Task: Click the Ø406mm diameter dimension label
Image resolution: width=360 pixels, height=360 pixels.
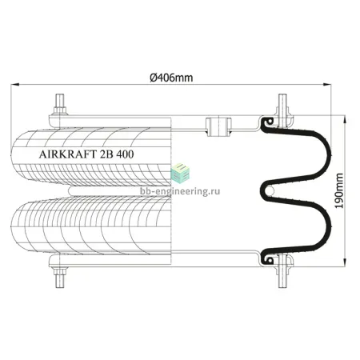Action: click(x=171, y=78)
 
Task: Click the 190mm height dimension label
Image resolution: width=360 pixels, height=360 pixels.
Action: click(x=339, y=190)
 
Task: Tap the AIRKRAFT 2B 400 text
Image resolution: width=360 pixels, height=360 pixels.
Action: click(x=86, y=154)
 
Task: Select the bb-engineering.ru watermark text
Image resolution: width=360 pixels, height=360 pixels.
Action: click(x=180, y=191)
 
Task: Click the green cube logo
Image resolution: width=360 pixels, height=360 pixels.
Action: click(x=180, y=173)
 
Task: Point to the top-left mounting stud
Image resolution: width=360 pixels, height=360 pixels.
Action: click(x=60, y=105)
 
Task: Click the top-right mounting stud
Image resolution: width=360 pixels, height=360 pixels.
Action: click(x=282, y=110)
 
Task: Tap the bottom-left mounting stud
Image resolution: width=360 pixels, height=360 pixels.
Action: click(x=60, y=278)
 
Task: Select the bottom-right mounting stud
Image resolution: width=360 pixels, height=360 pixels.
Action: click(x=282, y=271)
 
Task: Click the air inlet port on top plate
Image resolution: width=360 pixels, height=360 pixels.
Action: click(x=218, y=126)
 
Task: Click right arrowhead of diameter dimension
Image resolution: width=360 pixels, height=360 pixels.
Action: click(x=327, y=85)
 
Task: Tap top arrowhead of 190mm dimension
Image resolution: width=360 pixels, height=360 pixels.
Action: click(x=345, y=119)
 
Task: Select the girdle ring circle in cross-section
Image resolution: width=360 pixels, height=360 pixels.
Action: click(x=270, y=190)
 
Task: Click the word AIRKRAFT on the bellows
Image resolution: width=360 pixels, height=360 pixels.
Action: click(x=68, y=154)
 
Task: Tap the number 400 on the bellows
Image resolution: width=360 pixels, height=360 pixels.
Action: click(x=125, y=154)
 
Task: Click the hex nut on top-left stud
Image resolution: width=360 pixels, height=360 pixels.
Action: click(x=60, y=110)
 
